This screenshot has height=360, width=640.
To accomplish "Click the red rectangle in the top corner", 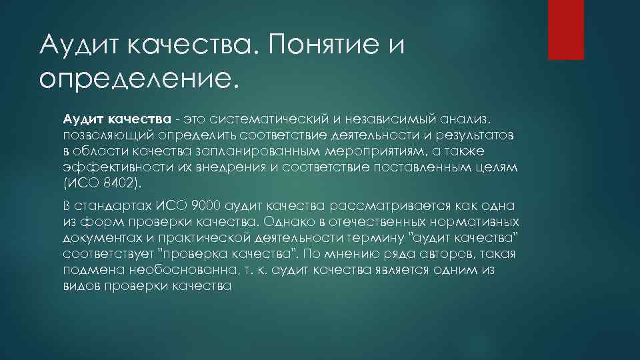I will tap(566, 29).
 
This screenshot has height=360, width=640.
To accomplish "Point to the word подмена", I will tap(88, 271).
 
